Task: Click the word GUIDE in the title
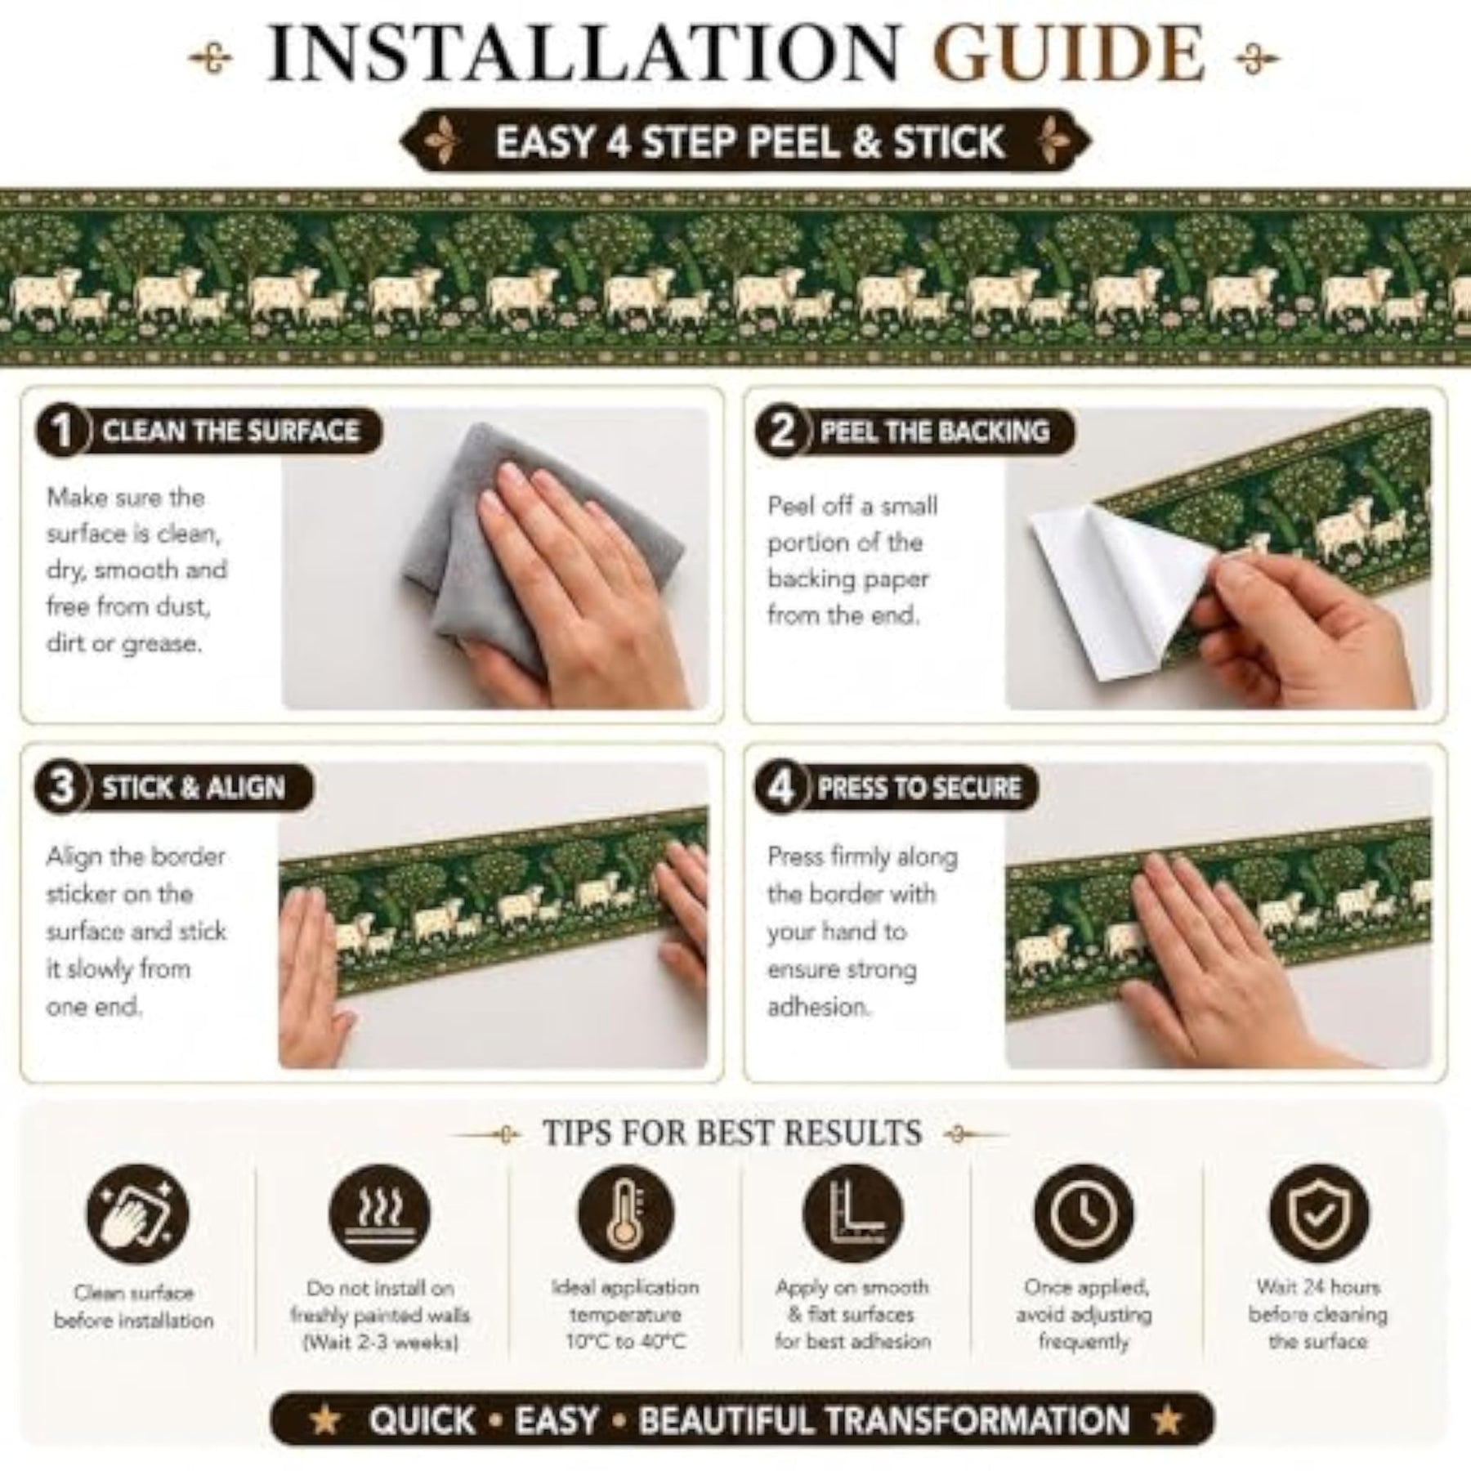[1070, 54]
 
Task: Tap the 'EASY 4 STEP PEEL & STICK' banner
[745, 141]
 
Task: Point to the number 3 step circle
[61, 789]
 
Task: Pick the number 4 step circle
[780, 789]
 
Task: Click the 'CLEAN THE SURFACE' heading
[230, 431]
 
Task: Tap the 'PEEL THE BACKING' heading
[935, 431]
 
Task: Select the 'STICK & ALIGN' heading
[194, 788]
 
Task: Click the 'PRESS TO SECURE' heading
[919, 788]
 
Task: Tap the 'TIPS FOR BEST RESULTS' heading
[733, 1133]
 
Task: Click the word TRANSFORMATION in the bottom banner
[884, 1420]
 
